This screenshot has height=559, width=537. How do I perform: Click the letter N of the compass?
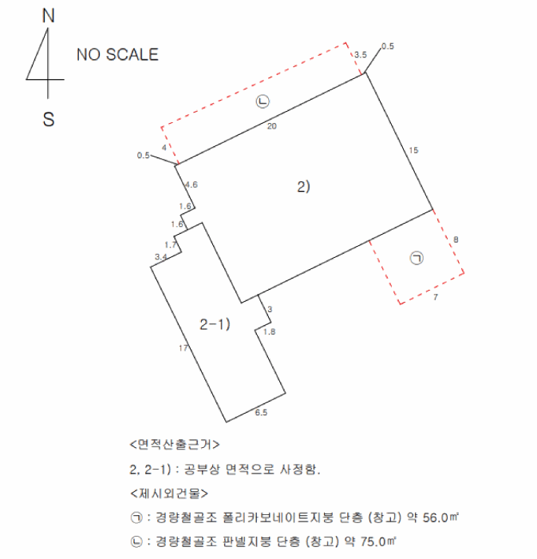pyautogui.click(x=49, y=15)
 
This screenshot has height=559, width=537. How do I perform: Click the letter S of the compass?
pyautogui.click(x=49, y=119)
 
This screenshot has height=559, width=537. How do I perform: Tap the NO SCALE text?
pyautogui.click(x=117, y=55)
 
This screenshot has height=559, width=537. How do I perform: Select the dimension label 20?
pyautogui.click(x=272, y=126)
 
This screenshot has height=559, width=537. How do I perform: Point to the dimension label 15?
pyautogui.click(x=413, y=150)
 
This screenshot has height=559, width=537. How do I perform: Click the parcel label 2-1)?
pyautogui.click(x=214, y=324)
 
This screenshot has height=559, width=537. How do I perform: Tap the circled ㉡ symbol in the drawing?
pyautogui.click(x=263, y=101)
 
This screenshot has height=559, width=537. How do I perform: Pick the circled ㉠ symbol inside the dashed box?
pyautogui.click(x=416, y=257)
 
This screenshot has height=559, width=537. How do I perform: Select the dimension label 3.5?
pyautogui.click(x=360, y=54)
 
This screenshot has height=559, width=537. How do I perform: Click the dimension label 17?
pyautogui.click(x=183, y=348)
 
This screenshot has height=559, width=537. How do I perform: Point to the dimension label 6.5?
pyautogui.click(x=260, y=413)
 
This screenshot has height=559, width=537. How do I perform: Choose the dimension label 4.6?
pyautogui.click(x=191, y=185)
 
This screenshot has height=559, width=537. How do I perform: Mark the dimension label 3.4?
pyautogui.click(x=160, y=256)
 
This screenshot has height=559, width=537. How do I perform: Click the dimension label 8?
pyautogui.click(x=456, y=239)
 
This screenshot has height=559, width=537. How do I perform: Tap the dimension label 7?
pyautogui.click(x=436, y=297)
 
